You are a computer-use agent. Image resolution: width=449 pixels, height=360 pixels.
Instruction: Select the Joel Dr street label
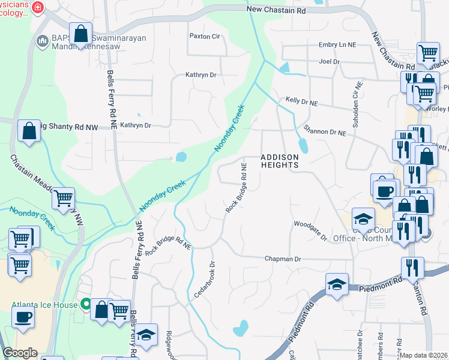(x=330, y=61)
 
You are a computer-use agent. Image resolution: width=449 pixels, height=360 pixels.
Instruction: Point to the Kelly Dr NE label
(x=301, y=103)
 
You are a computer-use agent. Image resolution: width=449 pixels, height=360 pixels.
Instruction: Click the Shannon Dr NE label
(x=325, y=133)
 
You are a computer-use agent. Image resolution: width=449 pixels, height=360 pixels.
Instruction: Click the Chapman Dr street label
(x=282, y=259)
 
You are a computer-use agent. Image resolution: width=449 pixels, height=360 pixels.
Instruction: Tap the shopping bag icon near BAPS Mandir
(x=80, y=34)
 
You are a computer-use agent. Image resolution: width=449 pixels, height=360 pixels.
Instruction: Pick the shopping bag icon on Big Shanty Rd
(x=29, y=130)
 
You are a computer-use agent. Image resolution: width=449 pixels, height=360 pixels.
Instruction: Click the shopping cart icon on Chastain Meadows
(x=63, y=198)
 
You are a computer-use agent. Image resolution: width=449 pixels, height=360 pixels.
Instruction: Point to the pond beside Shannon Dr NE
(x=303, y=146)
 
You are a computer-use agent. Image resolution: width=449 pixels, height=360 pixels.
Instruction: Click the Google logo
(x=20, y=353)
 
